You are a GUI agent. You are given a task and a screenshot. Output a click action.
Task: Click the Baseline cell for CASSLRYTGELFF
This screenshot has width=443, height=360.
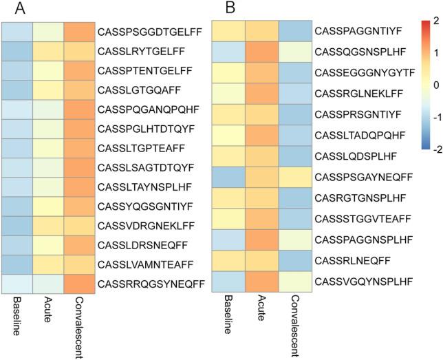(17, 51)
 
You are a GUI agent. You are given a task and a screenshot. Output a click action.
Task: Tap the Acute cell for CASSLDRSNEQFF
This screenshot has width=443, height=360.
(48, 244)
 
